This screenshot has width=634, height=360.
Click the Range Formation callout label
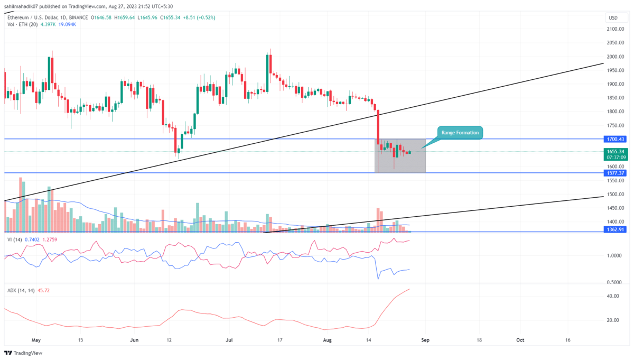tap(459, 133)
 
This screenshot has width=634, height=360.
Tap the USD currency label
tap(613, 18)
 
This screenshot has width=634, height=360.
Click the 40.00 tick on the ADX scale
tap(613, 296)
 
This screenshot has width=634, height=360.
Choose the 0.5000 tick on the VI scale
tap(613, 282)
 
